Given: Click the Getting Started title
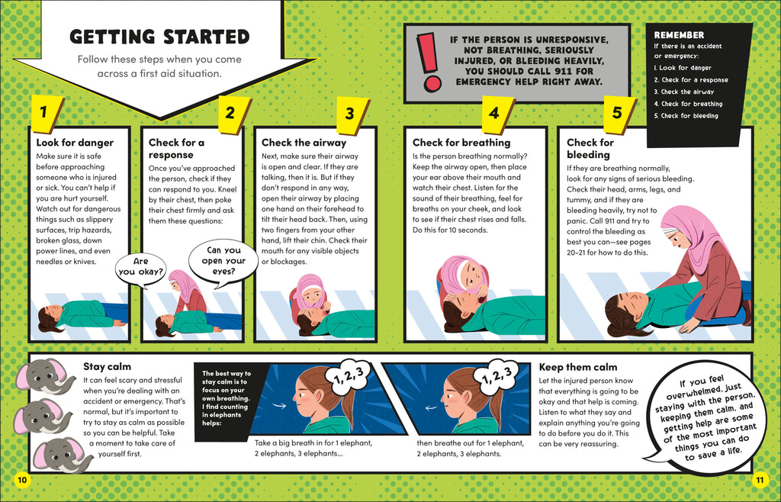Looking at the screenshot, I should coord(159,37).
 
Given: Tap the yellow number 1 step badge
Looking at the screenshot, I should coord(43,112).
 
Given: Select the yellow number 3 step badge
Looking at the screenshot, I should coord(349,114).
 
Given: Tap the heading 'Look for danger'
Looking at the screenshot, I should coord(75,143).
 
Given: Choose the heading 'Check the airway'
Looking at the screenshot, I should coord(304,143).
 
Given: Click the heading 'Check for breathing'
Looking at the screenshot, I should coord(461,143).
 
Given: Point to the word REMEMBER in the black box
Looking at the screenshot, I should coord(679,35).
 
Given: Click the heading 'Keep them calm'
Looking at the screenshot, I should coord(578,367).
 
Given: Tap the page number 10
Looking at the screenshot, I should coord(21,479).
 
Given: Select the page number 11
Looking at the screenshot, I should coord(759,479).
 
